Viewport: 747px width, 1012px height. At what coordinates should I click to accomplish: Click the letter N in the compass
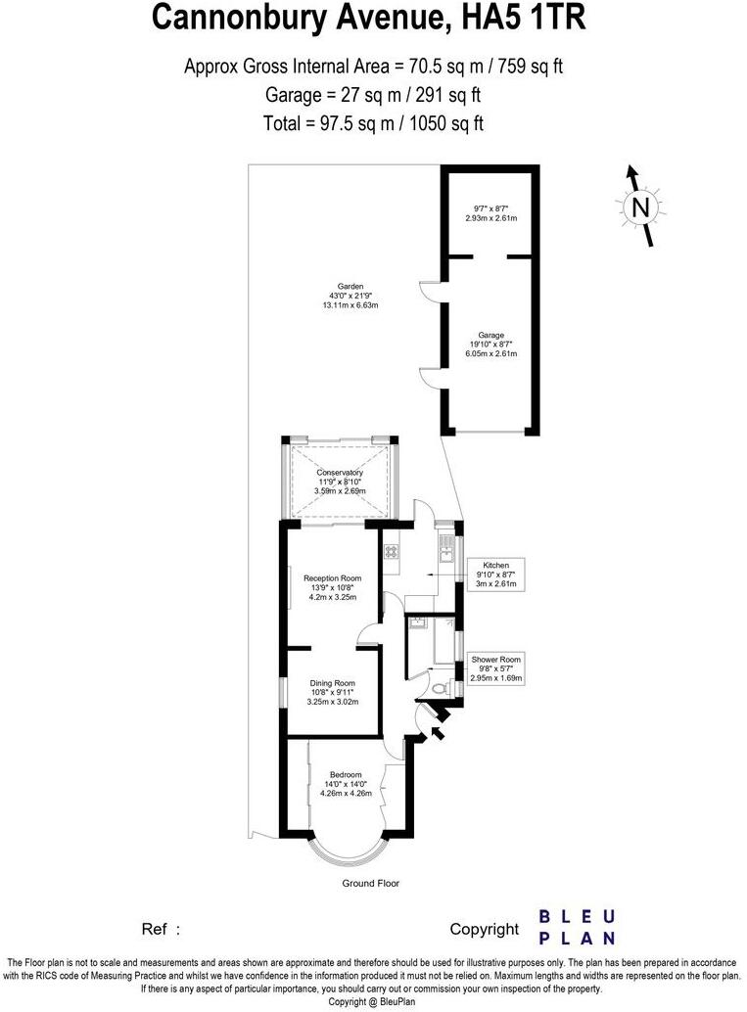tap(640, 207)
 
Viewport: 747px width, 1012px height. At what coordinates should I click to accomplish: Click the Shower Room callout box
tap(496, 668)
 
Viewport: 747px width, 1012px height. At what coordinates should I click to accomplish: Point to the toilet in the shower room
tap(451, 689)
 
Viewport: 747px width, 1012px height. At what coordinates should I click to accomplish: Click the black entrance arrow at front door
tap(438, 728)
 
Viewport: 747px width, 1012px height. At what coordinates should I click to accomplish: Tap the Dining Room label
tap(332, 683)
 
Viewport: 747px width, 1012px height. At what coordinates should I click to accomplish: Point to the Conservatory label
tap(340, 473)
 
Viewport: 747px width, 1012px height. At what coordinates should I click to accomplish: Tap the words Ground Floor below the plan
tap(370, 883)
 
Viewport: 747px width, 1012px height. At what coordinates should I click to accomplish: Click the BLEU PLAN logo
tap(578, 928)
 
